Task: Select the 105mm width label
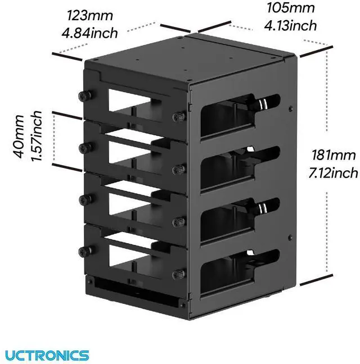pyautogui.click(x=290, y=8)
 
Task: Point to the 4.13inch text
pyautogui.click(x=290, y=25)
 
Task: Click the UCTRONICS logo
pyautogui.click(x=47, y=354)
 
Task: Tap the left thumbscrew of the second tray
pyautogui.click(x=86, y=148)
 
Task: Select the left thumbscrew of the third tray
pyautogui.click(x=86, y=198)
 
